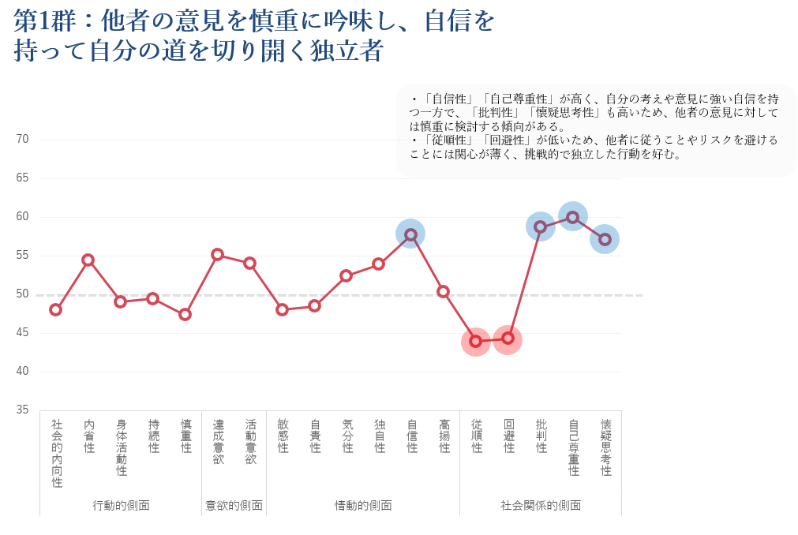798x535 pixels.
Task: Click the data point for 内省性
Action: point(88,260)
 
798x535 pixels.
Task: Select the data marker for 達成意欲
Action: point(218,254)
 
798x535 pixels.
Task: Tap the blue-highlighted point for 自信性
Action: point(411,234)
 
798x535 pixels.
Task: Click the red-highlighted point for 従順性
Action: point(476,341)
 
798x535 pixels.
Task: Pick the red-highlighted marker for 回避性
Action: point(508,339)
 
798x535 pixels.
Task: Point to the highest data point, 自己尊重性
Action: point(573,217)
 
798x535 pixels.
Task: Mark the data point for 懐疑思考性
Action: point(605,239)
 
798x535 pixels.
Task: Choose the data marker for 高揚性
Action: point(444,291)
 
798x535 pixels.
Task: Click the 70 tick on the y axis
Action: point(22,140)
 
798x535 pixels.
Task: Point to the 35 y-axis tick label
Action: point(22,410)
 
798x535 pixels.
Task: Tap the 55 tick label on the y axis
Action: point(22,255)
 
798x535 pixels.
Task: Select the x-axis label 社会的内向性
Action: point(57,454)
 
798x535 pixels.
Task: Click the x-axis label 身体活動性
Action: point(122,447)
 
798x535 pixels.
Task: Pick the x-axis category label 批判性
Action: point(541,436)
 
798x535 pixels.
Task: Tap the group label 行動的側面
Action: point(121,505)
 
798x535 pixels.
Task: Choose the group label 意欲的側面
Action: point(234,505)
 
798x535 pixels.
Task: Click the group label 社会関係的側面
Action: point(541,505)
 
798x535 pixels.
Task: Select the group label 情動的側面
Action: point(363,505)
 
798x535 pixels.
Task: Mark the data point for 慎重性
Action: point(185,314)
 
